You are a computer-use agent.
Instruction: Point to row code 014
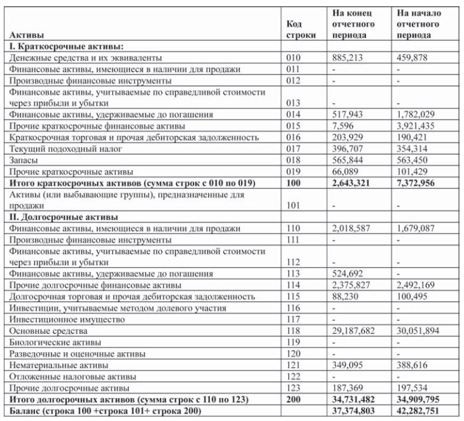point(293,114)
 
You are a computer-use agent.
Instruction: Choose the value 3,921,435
point(418,126)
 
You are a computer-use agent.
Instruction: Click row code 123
point(293,388)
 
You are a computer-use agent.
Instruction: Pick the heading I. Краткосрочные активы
point(66,46)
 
